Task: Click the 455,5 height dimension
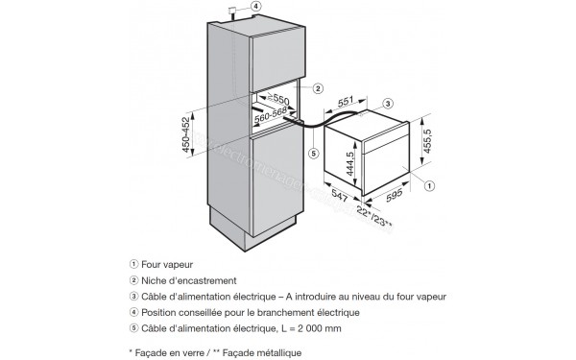442,140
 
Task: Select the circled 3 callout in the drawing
388,102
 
